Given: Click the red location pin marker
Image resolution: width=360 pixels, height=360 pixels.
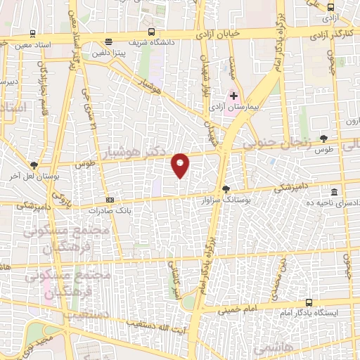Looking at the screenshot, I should pos(181,165).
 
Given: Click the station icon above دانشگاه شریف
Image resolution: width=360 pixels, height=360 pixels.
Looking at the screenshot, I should pos(108,41).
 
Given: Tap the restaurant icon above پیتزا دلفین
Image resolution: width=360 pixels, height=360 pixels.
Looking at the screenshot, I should pos(108,41).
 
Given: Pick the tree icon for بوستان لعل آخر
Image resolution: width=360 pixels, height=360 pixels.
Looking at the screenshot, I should pos(33,165).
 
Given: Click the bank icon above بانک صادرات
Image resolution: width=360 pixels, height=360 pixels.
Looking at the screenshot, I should pos(109,200).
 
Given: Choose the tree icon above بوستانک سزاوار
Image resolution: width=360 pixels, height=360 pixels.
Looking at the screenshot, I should pos(226,188).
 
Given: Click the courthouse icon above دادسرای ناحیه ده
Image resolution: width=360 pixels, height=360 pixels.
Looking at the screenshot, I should pos(334,191).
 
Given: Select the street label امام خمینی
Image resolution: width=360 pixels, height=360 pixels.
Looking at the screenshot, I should pos(236,308).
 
